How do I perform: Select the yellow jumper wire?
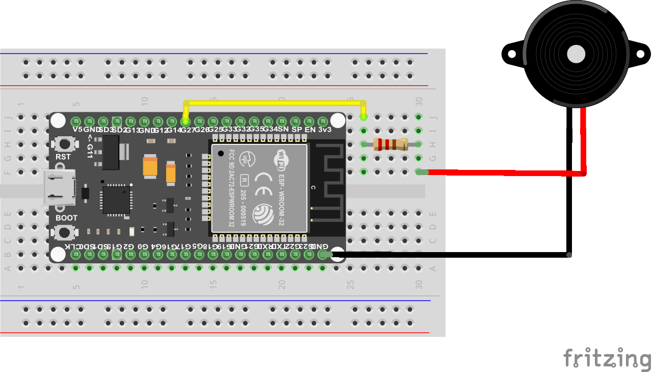coord(275,102)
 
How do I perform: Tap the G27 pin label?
coord(188,130)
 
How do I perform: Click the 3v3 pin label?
coord(325,130)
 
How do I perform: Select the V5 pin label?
coord(77,130)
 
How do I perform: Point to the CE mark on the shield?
coord(265,181)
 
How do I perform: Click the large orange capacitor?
coord(150,166)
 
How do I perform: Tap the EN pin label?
coord(309,130)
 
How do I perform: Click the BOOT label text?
coord(67,218)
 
